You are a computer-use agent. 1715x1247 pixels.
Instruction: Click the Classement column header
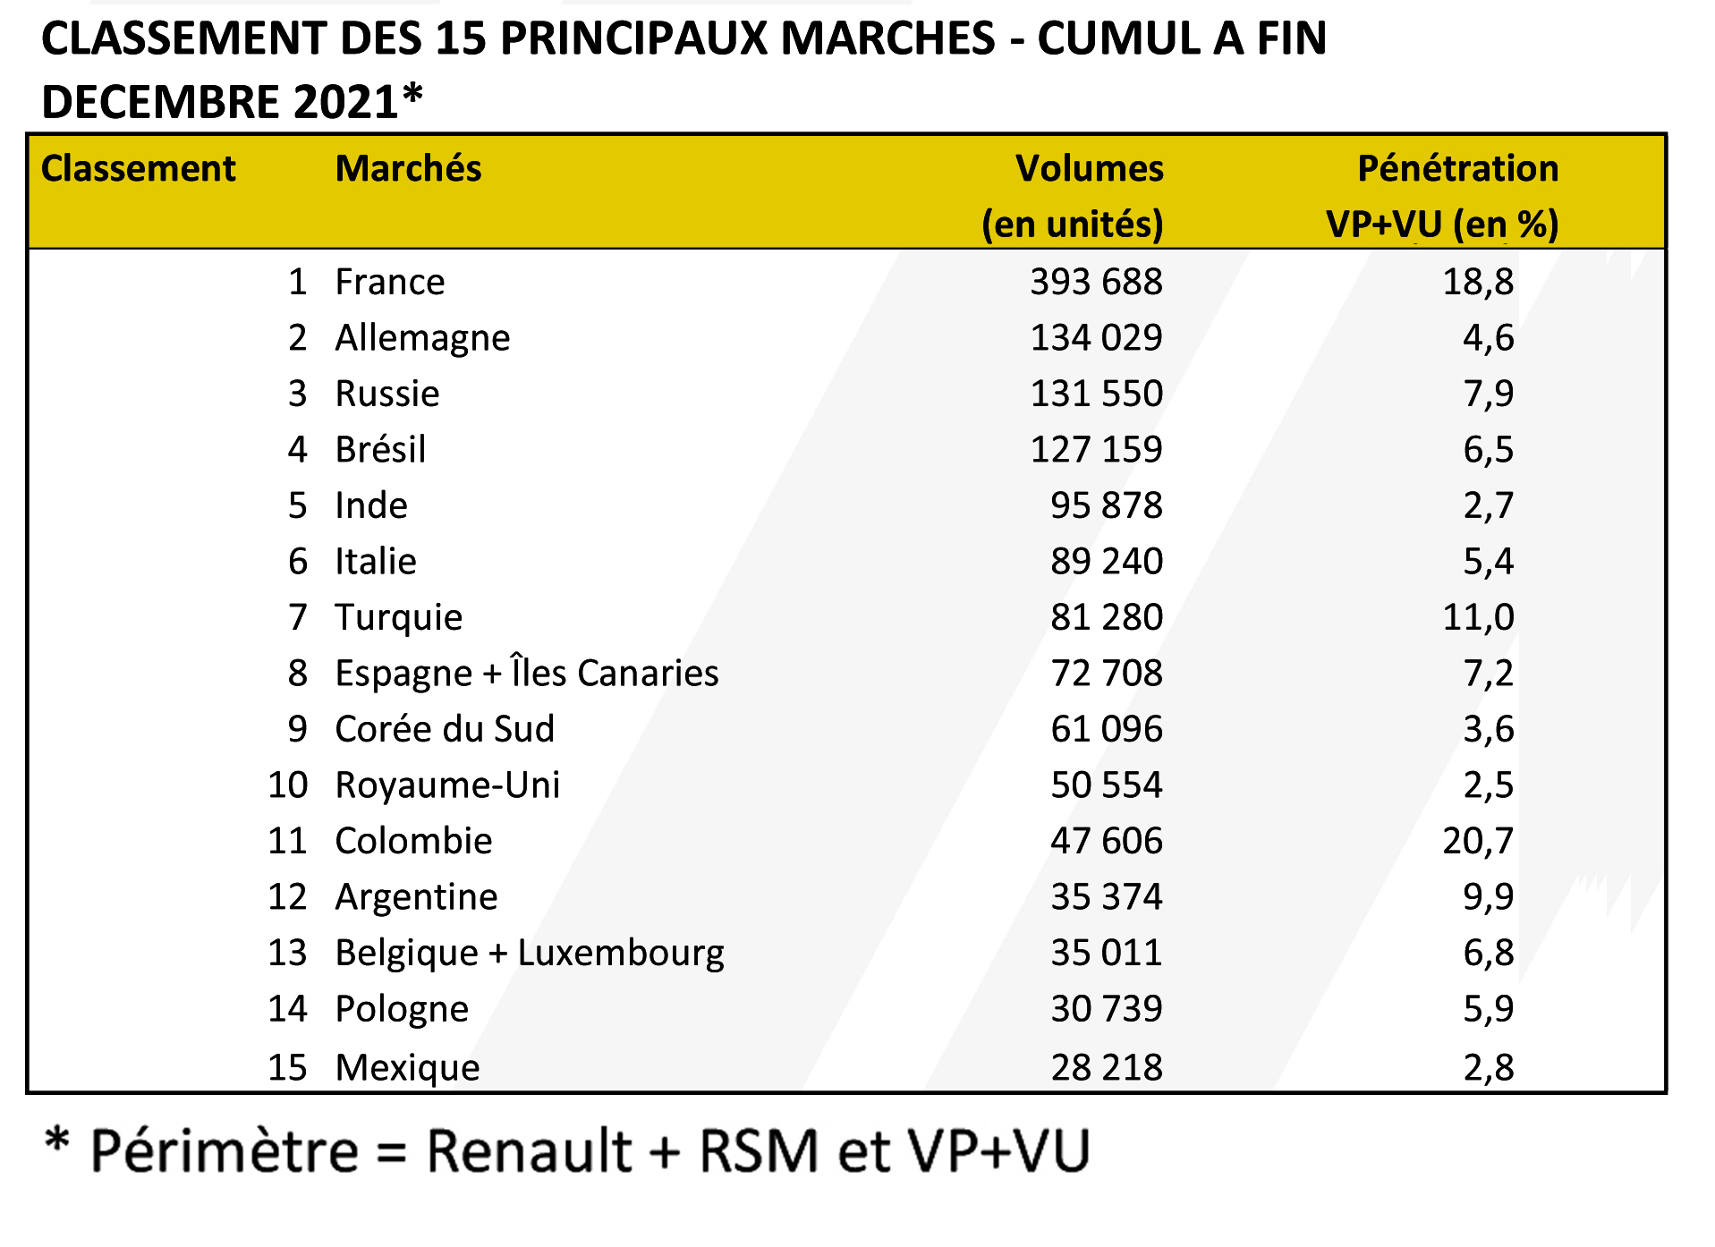point(138,169)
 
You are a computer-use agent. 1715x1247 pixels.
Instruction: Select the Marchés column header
point(408,169)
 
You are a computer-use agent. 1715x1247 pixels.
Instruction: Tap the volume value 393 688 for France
point(1096,283)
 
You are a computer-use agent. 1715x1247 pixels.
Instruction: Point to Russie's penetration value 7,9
point(1488,394)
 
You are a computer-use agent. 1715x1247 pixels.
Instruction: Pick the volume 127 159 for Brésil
point(1096,450)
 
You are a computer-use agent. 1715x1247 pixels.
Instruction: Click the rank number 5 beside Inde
point(297,506)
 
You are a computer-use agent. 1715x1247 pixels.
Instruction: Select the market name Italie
point(376,562)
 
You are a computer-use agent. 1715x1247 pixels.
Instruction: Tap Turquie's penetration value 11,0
point(1478,618)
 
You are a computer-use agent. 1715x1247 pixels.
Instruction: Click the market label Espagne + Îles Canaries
point(526,674)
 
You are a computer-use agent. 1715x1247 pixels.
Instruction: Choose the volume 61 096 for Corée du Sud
point(1106,730)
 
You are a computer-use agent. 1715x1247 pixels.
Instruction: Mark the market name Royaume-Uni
point(447,785)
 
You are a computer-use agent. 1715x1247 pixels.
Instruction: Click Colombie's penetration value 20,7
point(1478,842)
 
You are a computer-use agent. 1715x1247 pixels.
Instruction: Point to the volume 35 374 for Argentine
point(1106,897)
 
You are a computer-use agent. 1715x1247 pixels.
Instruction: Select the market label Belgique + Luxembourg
point(530,954)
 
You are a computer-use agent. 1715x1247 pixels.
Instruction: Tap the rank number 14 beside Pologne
point(287,1009)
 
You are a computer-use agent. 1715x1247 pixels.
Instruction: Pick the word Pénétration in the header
point(1457,169)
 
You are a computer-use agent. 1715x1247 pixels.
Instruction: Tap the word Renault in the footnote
point(530,1151)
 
